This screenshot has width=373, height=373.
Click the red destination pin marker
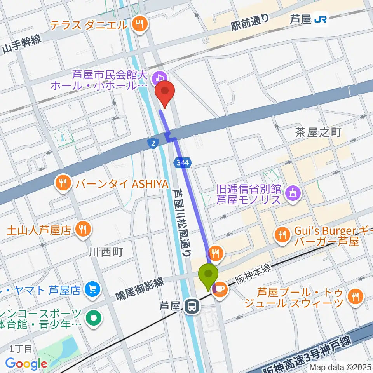point(165,92)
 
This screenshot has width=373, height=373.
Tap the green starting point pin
point(208,275)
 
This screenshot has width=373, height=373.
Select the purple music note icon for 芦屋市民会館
point(159,77)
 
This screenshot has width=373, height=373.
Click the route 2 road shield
point(153,143)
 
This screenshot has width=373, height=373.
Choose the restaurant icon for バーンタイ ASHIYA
point(62,182)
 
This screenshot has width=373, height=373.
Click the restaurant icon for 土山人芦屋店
point(83,229)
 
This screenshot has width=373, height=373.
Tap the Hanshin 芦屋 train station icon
point(191,307)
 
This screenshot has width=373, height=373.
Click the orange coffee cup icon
point(220,288)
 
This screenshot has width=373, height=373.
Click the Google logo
point(26,364)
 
